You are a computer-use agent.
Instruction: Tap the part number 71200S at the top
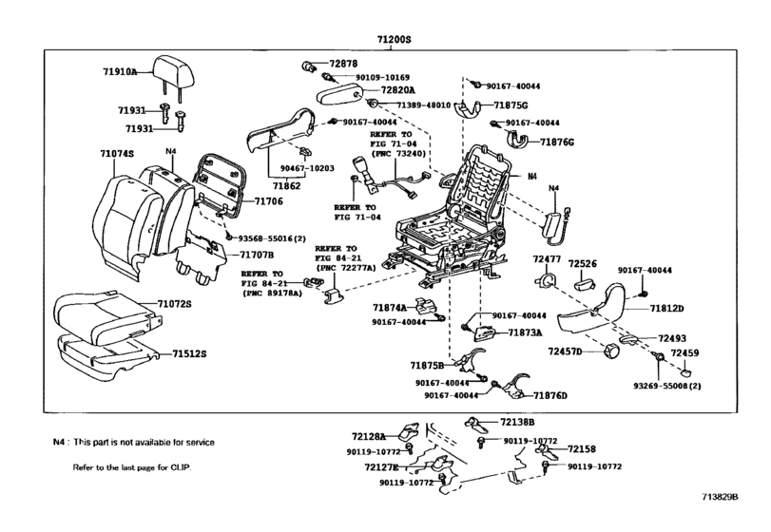(394, 39)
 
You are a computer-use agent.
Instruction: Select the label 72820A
(397, 90)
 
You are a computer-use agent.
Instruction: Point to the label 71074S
(117, 154)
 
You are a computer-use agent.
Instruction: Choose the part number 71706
(268, 200)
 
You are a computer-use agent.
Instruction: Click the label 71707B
(257, 255)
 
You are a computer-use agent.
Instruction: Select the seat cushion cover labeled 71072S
(106, 314)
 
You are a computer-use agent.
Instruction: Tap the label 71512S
(189, 353)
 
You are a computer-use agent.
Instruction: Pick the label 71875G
(511, 105)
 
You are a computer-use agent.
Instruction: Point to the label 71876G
(557, 142)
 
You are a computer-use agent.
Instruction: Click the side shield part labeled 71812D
(593, 311)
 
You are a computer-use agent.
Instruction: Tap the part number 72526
(583, 264)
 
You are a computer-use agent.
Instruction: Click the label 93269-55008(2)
(667, 386)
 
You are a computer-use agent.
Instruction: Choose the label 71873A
(525, 332)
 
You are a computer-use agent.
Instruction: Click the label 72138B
(517, 422)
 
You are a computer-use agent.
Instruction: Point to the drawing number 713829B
(720, 497)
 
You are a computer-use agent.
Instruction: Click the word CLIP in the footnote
(180, 467)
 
